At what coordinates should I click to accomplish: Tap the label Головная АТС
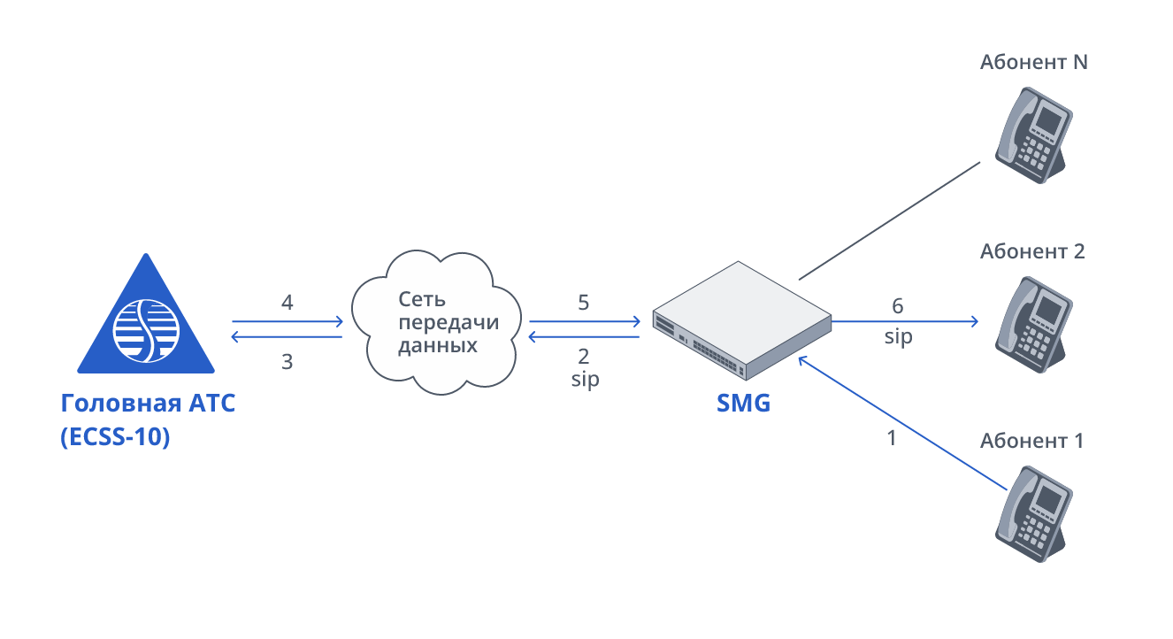click(149, 404)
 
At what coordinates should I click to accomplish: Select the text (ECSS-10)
click(114, 436)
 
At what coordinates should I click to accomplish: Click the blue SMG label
click(743, 404)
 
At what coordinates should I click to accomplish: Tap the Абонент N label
click(1033, 63)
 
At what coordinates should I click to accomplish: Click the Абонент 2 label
click(1032, 251)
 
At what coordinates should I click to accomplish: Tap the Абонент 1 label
click(1031, 441)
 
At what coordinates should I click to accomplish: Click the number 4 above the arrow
click(287, 303)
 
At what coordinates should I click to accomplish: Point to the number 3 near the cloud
click(287, 361)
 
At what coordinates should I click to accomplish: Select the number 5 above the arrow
click(583, 303)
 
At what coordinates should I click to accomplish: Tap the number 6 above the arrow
click(898, 306)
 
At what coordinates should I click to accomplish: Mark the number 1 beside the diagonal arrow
click(892, 437)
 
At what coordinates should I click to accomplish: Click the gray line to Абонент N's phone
click(890, 220)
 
